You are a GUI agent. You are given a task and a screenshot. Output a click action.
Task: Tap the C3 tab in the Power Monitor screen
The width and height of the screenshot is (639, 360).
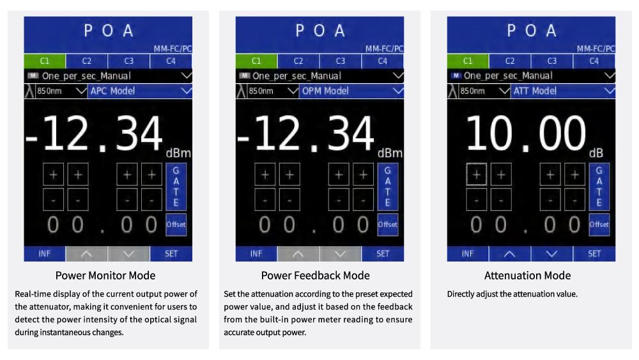tap(128, 61)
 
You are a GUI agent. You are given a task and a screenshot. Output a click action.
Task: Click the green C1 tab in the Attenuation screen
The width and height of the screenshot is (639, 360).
tap(468, 61)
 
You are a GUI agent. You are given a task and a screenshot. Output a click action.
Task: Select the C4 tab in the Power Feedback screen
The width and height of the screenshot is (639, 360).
tap(382, 61)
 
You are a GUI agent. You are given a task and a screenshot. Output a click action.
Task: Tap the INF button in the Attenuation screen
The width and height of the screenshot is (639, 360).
tap(468, 254)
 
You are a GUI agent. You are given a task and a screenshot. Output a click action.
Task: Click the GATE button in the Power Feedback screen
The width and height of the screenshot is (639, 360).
tap(387, 187)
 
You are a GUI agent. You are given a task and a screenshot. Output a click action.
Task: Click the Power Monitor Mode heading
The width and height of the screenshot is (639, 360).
tap(105, 276)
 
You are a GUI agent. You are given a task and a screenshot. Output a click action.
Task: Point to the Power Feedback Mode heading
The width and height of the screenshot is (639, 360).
tap(315, 276)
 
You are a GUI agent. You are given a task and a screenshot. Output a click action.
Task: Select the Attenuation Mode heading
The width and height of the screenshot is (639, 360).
tap(527, 276)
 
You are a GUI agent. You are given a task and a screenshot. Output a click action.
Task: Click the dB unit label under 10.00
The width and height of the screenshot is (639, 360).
tap(596, 153)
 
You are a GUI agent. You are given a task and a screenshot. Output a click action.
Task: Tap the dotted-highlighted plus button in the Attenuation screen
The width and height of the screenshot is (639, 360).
tap(476, 174)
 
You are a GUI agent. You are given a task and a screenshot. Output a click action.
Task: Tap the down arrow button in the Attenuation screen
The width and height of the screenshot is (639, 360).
tap(552, 254)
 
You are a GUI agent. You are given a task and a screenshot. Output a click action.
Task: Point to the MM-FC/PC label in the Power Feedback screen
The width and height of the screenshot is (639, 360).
tap(384, 49)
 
